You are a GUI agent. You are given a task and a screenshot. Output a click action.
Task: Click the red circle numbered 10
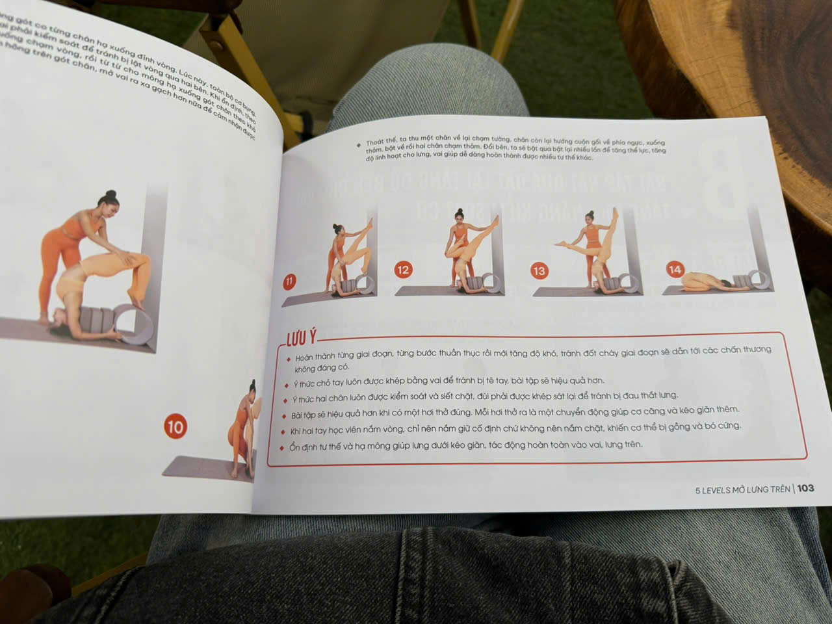pyautogui.click(x=175, y=427)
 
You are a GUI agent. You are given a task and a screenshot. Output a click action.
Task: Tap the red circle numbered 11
pyautogui.click(x=289, y=281)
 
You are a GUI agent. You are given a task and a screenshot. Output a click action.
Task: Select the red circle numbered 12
pyautogui.click(x=403, y=270)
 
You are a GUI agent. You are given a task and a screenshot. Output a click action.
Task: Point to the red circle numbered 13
pyautogui.click(x=539, y=271)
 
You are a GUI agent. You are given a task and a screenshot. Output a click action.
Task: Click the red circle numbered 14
pyautogui.click(x=675, y=269)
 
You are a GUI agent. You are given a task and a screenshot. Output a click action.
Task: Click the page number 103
pyautogui.click(x=805, y=488)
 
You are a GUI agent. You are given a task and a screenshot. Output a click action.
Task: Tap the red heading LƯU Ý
pyautogui.click(x=302, y=337)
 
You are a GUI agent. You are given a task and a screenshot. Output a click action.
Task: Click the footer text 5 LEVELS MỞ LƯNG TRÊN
pyautogui.click(x=742, y=489)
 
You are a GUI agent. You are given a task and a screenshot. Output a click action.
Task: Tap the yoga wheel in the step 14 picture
pyautogui.click(x=757, y=280)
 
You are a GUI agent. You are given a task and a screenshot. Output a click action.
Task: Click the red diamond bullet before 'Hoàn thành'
pyautogui.click(x=289, y=357)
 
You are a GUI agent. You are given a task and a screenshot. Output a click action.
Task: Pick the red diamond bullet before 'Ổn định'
pyautogui.click(x=281, y=448)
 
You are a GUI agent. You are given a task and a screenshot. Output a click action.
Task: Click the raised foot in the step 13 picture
pyautogui.click(x=615, y=212)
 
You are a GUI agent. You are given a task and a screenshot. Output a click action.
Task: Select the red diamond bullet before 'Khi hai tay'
pyautogui.click(x=283, y=431)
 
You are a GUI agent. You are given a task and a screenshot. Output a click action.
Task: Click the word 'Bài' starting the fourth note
pyautogui.click(x=297, y=415)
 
